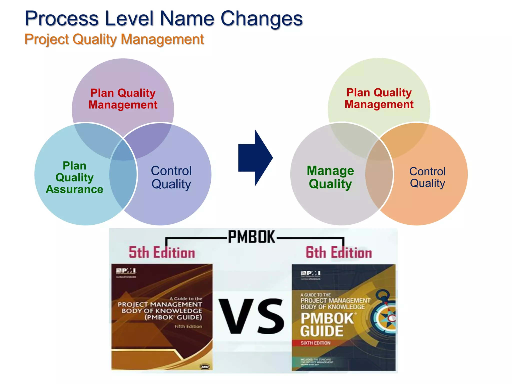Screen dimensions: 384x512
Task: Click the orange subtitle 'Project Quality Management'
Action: tap(114, 39)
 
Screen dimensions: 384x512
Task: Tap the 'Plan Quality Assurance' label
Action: tap(74, 177)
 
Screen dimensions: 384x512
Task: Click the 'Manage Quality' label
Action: tap(330, 177)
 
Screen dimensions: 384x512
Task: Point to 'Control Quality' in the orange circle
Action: tap(427, 177)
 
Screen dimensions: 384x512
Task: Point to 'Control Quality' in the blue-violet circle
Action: tap(171, 177)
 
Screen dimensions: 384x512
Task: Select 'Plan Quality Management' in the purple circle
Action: tap(123, 99)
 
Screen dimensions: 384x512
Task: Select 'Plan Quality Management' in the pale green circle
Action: tap(379, 98)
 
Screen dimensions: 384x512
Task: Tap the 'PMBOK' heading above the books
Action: tap(251, 237)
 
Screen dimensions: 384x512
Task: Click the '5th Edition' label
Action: tap(162, 252)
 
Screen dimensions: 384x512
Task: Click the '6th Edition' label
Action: tap(339, 252)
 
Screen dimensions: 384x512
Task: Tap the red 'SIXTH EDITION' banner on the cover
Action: tap(315, 343)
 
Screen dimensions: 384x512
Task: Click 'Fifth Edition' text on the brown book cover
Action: tap(188, 326)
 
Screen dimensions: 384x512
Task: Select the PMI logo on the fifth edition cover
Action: tap(126, 271)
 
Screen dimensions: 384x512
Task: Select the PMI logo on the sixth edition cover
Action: tap(310, 273)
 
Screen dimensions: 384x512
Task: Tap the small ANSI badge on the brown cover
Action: tap(205, 366)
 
